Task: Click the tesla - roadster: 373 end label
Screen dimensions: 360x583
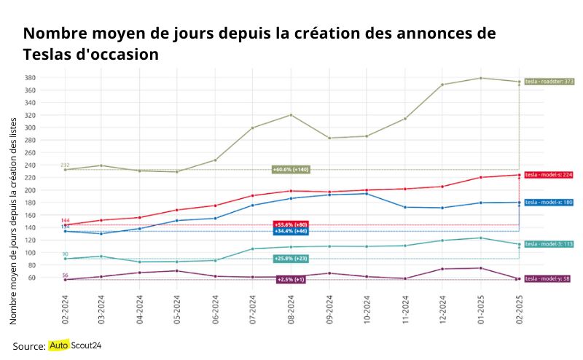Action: (x=549, y=82)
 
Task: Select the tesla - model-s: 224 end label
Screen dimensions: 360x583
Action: (x=549, y=175)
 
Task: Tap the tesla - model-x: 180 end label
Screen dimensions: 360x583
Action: (x=549, y=202)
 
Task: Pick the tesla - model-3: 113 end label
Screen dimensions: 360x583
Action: (x=549, y=244)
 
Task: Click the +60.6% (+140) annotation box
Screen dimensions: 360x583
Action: (x=291, y=170)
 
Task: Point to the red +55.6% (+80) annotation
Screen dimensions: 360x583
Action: (x=291, y=224)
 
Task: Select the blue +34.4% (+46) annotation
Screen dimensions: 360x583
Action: (x=291, y=231)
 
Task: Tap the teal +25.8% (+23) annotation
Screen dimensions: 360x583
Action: (x=291, y=259)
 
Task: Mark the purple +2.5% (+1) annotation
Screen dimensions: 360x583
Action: (x=291, y=280)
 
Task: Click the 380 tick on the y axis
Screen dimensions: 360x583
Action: (x=50, y=77)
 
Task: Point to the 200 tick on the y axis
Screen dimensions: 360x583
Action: (x=50, y=190)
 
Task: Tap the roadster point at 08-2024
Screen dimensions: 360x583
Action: (x=291, y=115)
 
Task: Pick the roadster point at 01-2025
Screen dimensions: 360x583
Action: (x=481, y=78)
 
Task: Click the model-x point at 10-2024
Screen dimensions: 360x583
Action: (x=367, y=194)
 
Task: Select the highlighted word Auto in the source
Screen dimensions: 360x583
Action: (x=58, y=345)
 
